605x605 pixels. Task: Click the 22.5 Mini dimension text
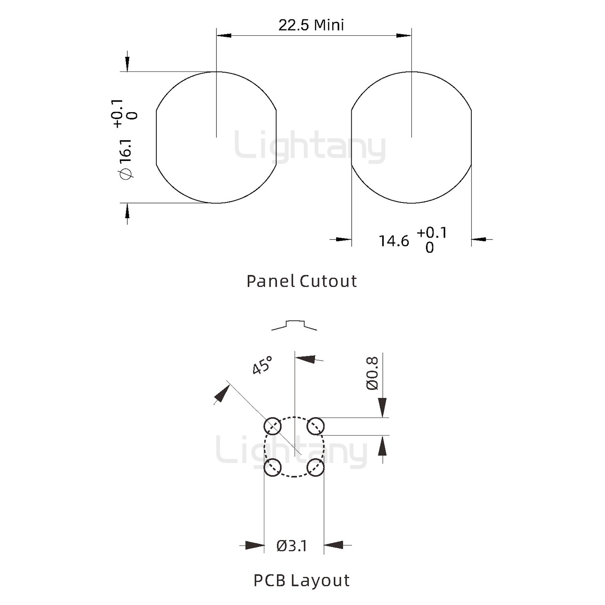(311, 25)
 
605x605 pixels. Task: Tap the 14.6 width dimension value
(394, 241)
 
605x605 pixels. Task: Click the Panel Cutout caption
(302, 281)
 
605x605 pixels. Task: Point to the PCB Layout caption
(302, 580)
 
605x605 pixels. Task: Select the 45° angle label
(262, 365)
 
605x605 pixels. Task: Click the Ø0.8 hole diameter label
(372, 373)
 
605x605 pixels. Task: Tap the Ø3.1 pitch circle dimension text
(292, 546)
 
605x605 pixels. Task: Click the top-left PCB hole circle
(272, 426)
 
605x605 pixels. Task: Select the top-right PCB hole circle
(315, 426)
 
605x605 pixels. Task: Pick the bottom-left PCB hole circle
(272, 467)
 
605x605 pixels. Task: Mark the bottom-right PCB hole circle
(315, 467)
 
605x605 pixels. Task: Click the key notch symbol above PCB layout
(294, 325)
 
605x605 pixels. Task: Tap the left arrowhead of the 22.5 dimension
(224, 35)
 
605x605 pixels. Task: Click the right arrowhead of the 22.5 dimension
(404, 35)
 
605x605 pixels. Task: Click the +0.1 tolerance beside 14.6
(432, 232)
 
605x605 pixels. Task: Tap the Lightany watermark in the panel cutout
(310, 147)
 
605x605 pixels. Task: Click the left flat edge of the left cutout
(156, 137)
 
